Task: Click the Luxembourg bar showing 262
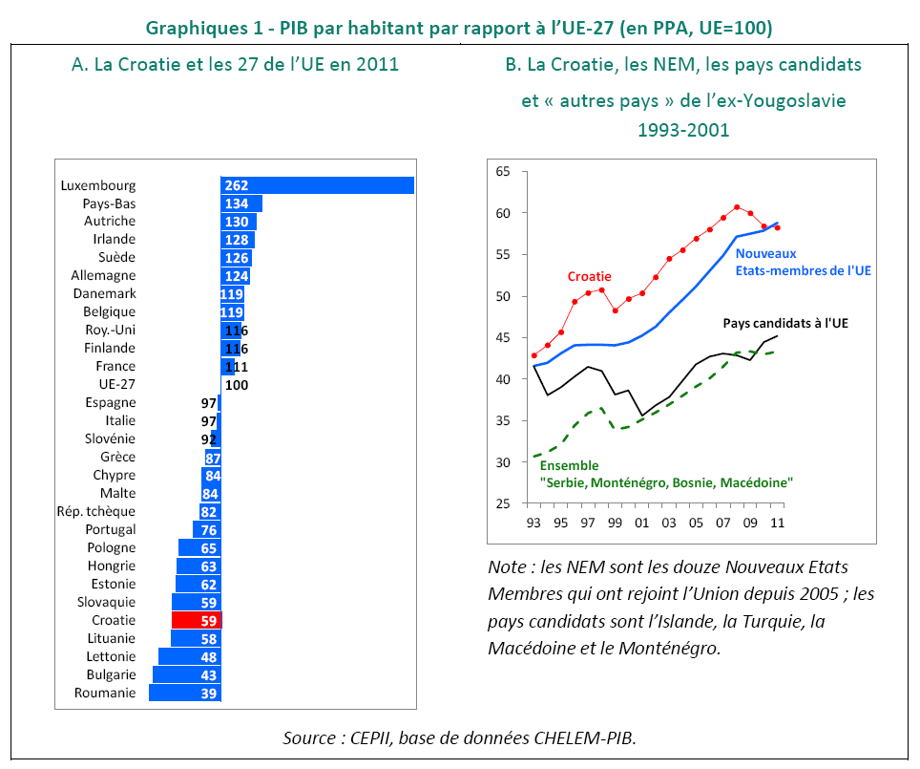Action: coord(317,185)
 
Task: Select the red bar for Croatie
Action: coord(197,620)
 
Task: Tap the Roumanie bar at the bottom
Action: coord(185,693)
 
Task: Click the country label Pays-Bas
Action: coord(109,203)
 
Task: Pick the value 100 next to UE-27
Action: coord(235,384)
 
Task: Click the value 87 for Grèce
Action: coord(213,457)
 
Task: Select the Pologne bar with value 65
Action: coord(199,547)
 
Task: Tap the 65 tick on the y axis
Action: coord(503,172)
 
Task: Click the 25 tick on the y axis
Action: coord(503,503)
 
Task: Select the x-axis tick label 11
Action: coord(778,523)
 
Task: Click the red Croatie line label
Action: coord(589,276)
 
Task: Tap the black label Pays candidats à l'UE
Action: coord(785,323)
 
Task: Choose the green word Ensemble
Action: coord(569,466)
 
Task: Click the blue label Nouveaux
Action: coord(765,253)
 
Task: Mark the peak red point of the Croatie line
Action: coord(737,206)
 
